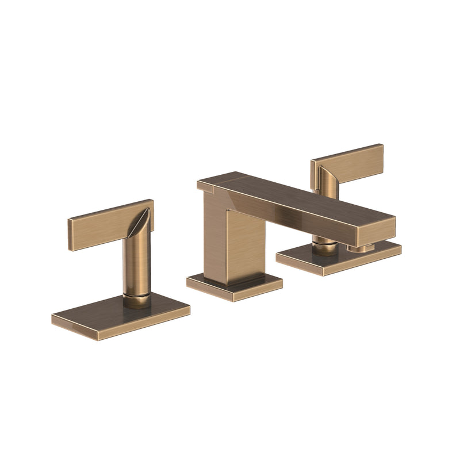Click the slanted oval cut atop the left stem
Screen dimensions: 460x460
point(141,222)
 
